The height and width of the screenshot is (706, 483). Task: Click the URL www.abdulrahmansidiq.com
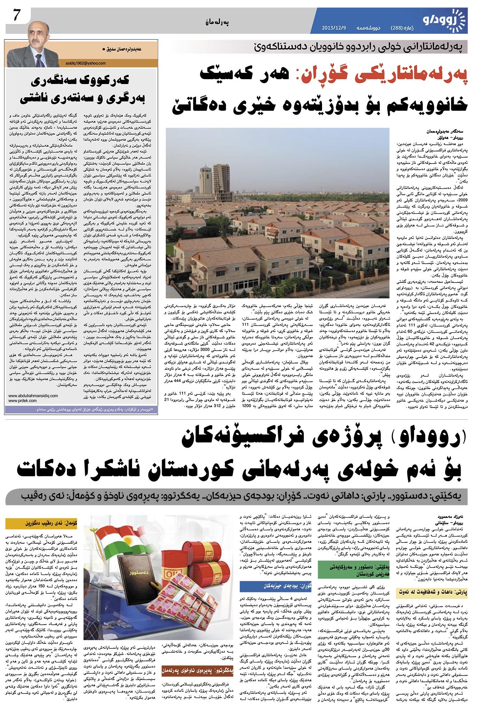[x=33, y=396]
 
